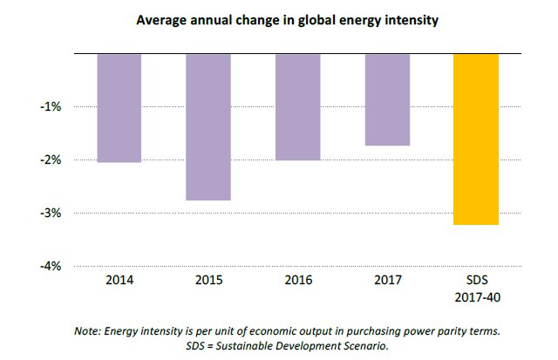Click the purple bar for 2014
(119, 108)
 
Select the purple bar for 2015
(208, 127)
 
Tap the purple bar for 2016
(297, 107)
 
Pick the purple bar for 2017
(387, 99)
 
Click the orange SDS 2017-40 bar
(476, 139)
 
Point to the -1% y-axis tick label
(51, 107)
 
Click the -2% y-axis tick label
(51, 160)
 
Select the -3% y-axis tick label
(51, 214)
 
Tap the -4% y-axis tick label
(51, 267)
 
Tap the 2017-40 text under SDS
(476, 297)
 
